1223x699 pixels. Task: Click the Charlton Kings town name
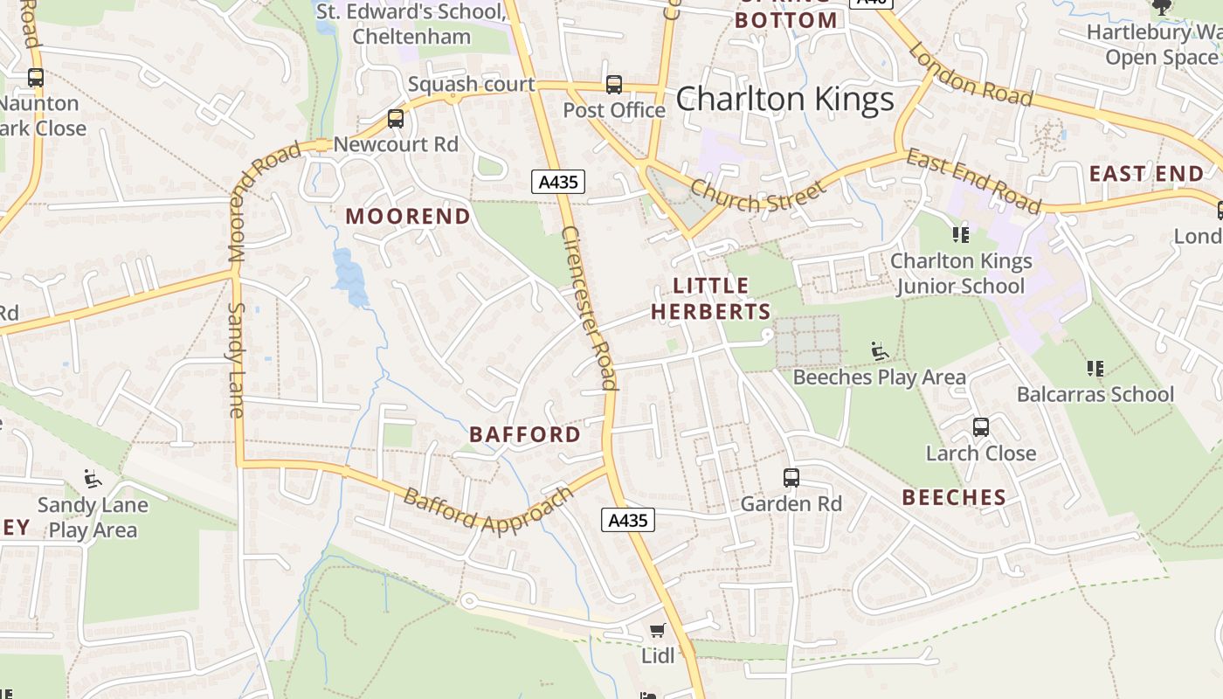click(785, 100)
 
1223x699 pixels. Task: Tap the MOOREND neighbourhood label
click(408, 216)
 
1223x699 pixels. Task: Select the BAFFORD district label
click(525, 434)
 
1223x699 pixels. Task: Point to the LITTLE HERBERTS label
click(711, 299)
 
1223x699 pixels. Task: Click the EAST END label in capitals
click(1146, 174)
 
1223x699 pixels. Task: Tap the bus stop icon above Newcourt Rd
click(396, 119)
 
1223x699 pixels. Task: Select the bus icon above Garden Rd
click(791, 478)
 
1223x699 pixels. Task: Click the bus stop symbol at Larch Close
click(981, 427)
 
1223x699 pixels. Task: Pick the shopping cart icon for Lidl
click(658, 630)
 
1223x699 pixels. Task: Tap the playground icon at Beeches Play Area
click(880, 351)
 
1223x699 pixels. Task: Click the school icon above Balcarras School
click(1095, 369)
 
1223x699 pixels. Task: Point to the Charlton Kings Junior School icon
click(961, 234)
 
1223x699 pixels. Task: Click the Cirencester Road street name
click(590, 308)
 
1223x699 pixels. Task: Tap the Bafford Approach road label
click(488, 510)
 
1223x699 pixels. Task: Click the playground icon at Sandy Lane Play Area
click(92, 479)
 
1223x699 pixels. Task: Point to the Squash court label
click(471, 84)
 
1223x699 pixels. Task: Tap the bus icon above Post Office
click(614, 85)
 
